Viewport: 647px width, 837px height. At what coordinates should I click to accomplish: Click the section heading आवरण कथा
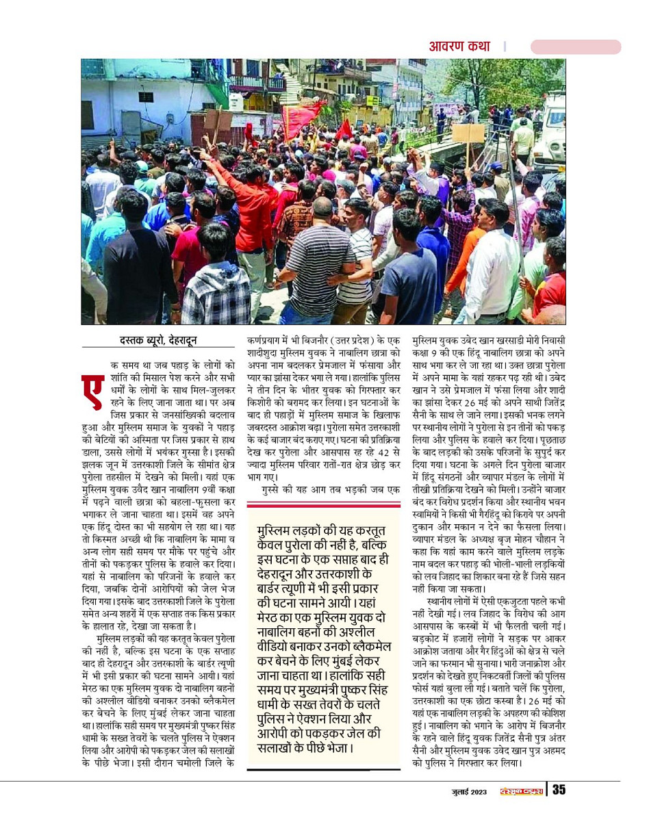459,47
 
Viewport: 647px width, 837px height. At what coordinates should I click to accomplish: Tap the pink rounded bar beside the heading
575,47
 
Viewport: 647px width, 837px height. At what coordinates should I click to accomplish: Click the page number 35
559,790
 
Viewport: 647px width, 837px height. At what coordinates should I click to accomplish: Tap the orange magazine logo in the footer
521,791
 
